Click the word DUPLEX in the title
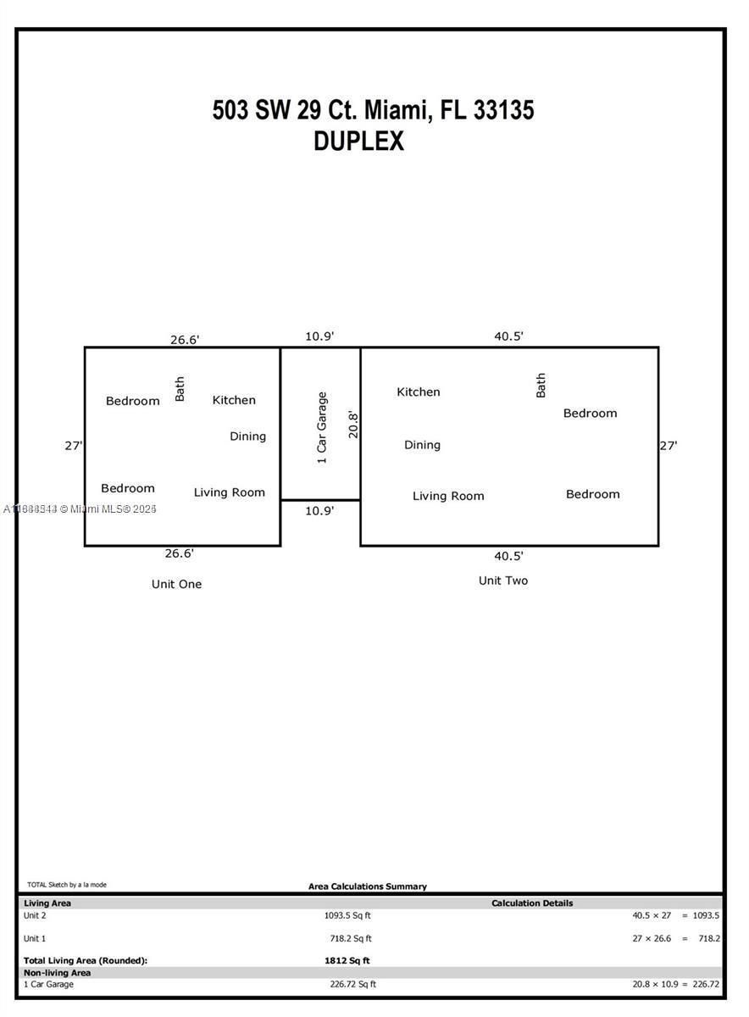coord(358,141)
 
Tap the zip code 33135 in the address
coord(504,110)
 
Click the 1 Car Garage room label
coord(322,428)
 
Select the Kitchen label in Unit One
coord(234,400)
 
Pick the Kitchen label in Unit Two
coord(418,392)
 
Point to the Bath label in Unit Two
coord(541,386)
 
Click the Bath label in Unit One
coord(180,389)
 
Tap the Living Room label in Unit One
coord(230,492)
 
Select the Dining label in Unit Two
coord(422,445)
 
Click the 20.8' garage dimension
coord(353,425)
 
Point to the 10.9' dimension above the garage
coord(319,336)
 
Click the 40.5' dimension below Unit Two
coord(508,556)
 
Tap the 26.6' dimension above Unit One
coord(185,340)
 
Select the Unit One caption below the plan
coord(176,584)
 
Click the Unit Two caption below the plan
coord(503,581)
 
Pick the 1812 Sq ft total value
coord(347,960)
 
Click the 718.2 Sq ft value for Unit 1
coord(351,938)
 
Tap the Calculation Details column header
coord(532,903)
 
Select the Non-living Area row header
coord(58,973)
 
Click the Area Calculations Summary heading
coord(368,886)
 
